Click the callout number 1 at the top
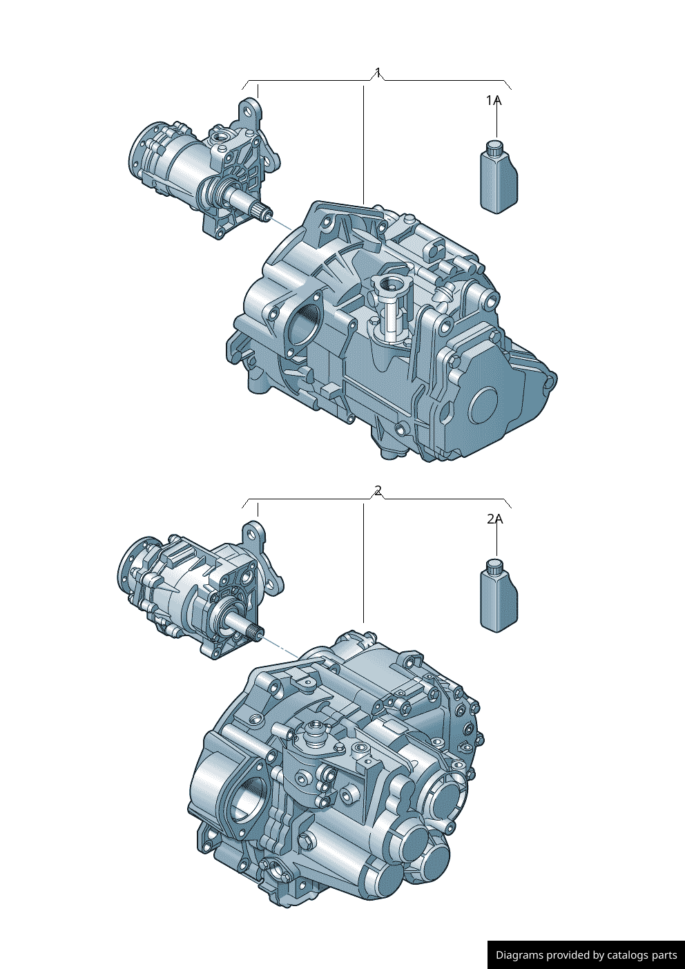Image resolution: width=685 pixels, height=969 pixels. coord(378,72)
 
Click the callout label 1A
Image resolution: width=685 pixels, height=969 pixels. coord(493,101)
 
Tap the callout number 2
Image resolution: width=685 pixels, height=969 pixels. coord(378,490)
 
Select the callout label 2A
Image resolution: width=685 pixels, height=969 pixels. coord(494,519)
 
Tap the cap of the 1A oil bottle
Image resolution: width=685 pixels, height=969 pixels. coord(495,147)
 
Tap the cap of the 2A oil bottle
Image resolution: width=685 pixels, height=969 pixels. coord(495,566)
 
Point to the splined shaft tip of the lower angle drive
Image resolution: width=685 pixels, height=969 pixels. coord(256,631)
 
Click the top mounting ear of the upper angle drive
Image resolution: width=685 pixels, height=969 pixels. coord(249,110)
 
